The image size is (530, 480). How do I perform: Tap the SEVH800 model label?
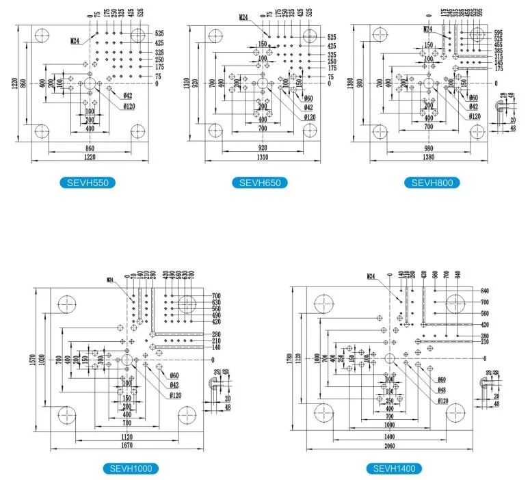point(432,183)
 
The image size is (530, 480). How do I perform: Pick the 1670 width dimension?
point(127,445)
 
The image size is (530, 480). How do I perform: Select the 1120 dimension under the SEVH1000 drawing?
point(127,435)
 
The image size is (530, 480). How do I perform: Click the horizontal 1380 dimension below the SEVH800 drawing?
point(429,158)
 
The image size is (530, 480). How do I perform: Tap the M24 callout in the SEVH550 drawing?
point(75,41)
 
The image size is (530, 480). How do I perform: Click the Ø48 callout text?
point(442,390)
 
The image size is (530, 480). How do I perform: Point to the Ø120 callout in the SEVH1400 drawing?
point(442,400)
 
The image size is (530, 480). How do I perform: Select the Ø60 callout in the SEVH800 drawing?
point(474,97)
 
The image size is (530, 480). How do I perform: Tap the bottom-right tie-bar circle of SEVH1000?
point(187,415)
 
